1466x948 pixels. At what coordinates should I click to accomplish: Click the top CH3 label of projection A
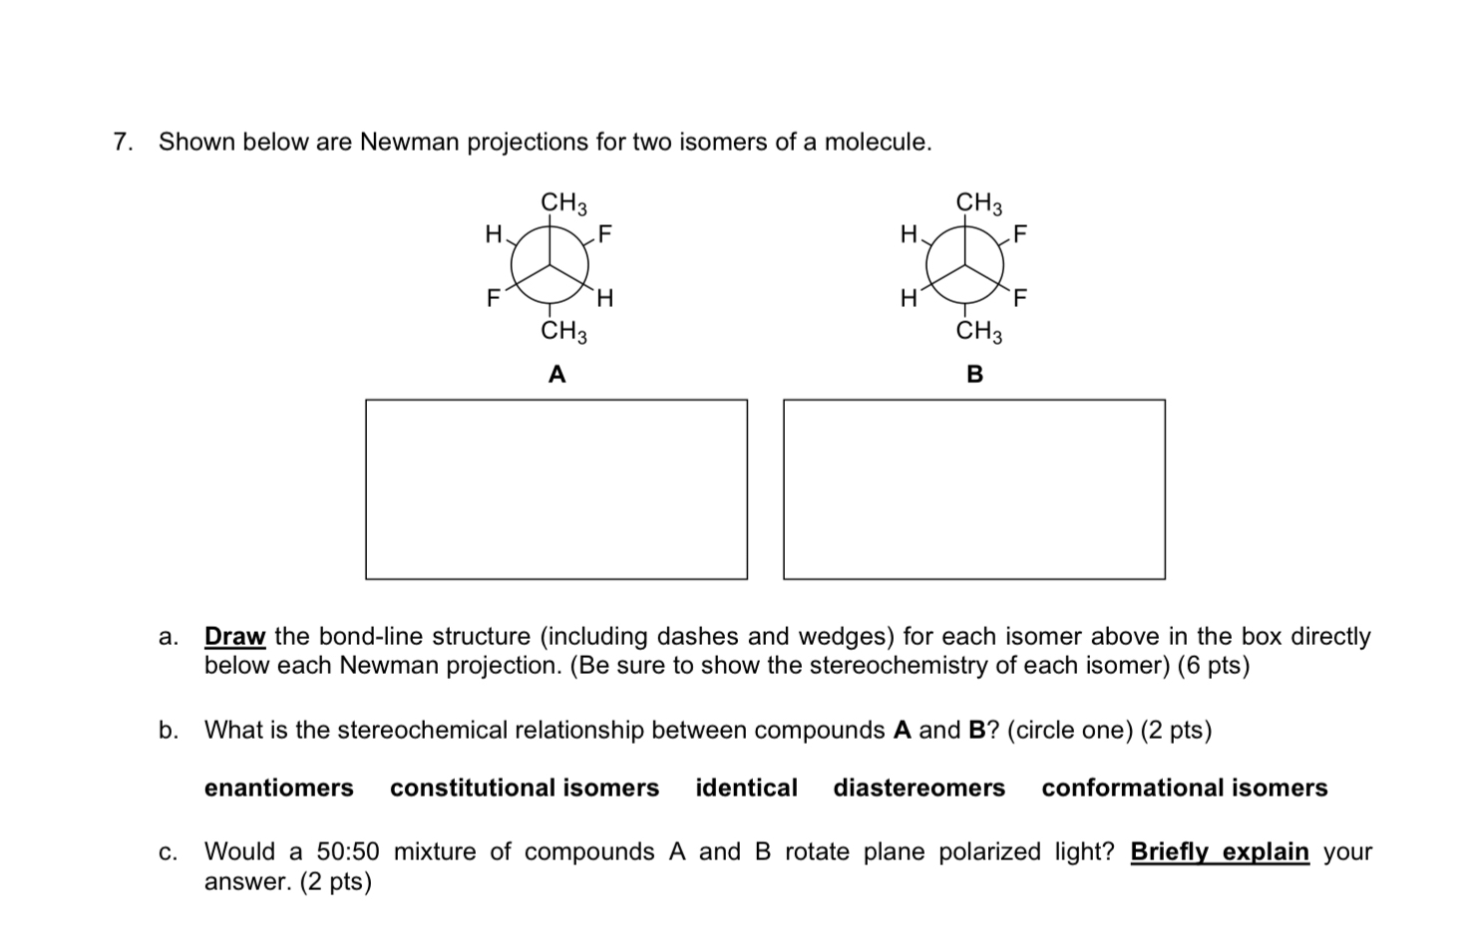(563, 203)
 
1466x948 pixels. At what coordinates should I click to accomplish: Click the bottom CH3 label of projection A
(563, 331)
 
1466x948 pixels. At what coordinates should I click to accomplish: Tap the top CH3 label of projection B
(979, 203)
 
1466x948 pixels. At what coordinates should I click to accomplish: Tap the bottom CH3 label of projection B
(979, 331)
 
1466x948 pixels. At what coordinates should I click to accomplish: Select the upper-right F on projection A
(605, 235)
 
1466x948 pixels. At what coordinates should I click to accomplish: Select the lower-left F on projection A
(492, 297)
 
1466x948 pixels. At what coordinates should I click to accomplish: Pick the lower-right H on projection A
(605, 297)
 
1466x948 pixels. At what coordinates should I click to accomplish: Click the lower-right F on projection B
(1020, 297)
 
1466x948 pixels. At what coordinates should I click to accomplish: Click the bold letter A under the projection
(557, 375)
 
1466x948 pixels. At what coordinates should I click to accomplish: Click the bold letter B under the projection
(974, 375)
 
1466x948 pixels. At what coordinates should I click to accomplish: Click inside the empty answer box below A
(556, 488)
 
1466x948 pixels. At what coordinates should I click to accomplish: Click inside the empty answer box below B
(973, 488)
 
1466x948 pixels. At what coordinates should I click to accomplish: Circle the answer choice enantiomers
(279, 789)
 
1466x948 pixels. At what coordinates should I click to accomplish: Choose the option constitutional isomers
(525, 789)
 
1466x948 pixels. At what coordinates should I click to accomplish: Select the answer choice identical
(746, 789)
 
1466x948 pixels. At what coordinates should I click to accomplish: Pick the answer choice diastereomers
(919, 789)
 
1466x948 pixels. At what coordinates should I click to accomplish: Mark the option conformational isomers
(1185, 789)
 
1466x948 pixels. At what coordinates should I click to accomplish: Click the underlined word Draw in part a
(234, 636)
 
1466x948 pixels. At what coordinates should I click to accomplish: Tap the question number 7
(122, 143)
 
